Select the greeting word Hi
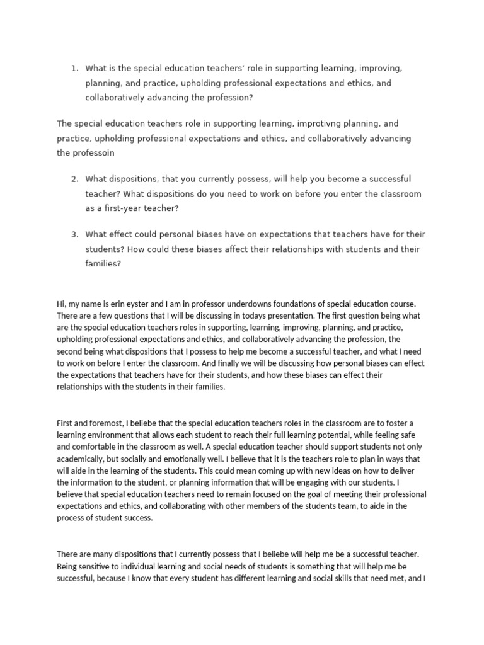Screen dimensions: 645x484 (x=61, y=304)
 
